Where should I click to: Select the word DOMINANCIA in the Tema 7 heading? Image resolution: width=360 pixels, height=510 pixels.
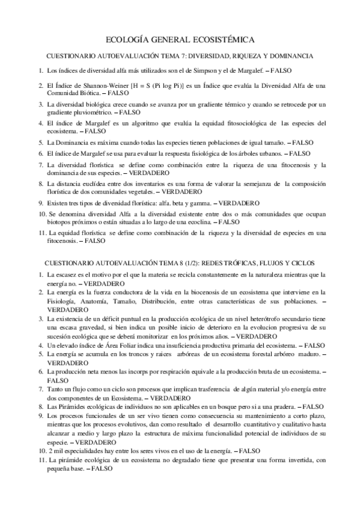291,56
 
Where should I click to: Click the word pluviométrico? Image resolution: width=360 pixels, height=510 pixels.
93,112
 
